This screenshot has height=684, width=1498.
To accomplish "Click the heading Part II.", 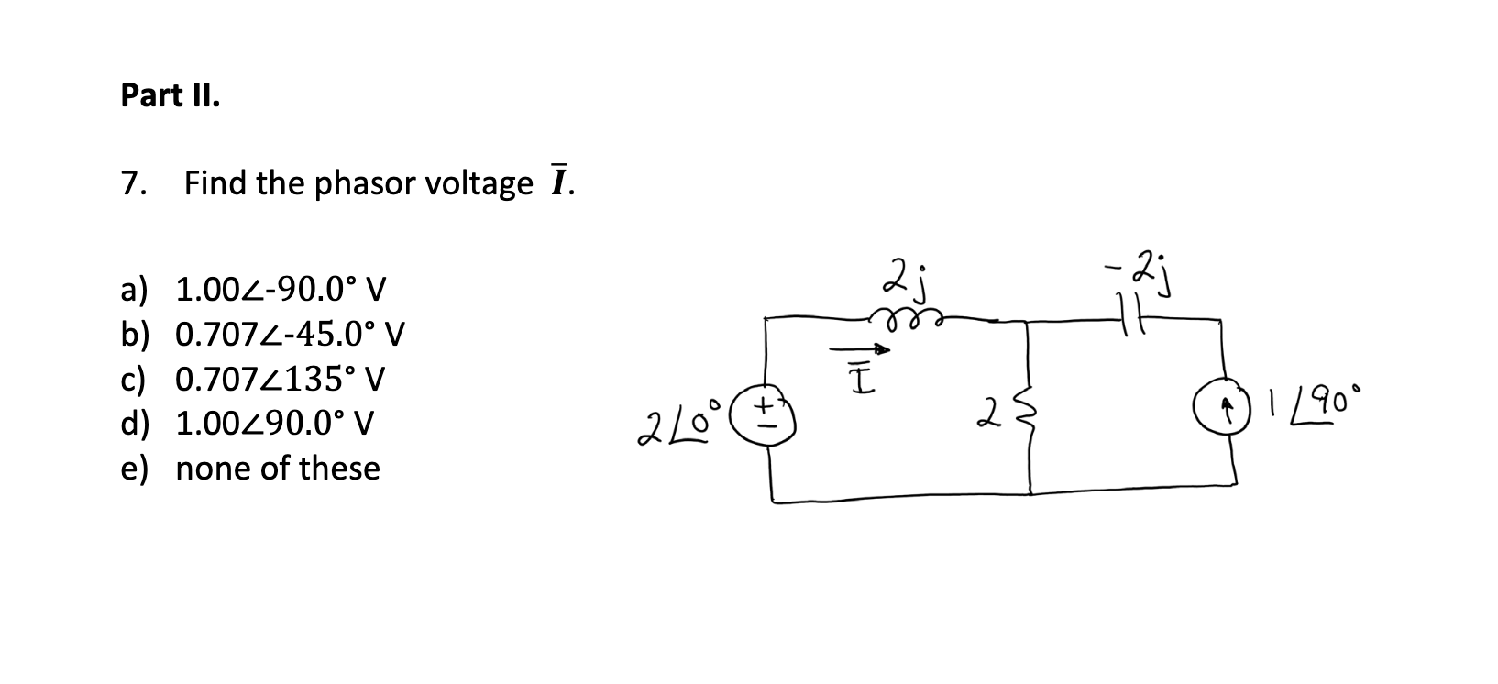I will pyautogui.click(x=171, y=95).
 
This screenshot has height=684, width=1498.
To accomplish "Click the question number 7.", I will pyautogui.click(x=132, y=184).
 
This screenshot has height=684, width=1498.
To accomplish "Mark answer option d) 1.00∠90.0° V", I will pyautogui.click(x=248, y=424).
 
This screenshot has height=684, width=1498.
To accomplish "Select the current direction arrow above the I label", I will pyautogui.click(x=859, y=349).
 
